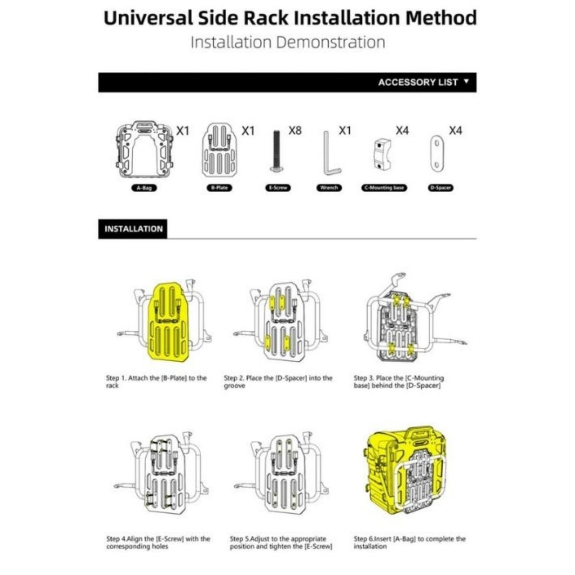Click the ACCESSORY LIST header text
(x=418, y=82)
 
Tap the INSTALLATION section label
(x=133, y=229)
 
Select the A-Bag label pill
(x=144, y=188)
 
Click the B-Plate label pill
(x=219, y=188)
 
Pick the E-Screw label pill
(x=278, y=188)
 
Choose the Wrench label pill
(x=329, y=188)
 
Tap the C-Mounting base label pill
(x=384, y=188)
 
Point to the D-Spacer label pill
(x=441, y=188)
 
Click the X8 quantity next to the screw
(x=295, y=130)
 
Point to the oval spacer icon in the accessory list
(x=437, y=153)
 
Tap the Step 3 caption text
(x=399, y=381)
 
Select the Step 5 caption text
(x=281, y=542)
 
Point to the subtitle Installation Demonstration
(x=287, y=42)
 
